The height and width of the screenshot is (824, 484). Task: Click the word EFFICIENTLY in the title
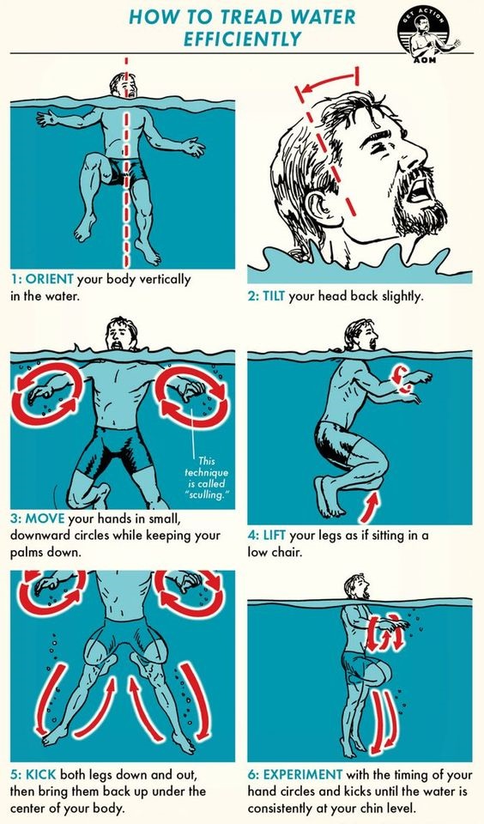tap(242, 39)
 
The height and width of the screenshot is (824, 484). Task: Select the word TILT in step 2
tap(274, 296)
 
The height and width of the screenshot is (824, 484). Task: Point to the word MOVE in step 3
tap(45, 519)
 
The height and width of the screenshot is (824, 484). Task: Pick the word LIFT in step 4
tap(275, 536)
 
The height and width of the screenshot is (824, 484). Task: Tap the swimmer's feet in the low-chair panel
tap(329, 496)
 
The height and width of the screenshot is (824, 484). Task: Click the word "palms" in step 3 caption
tap(27, 553)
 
